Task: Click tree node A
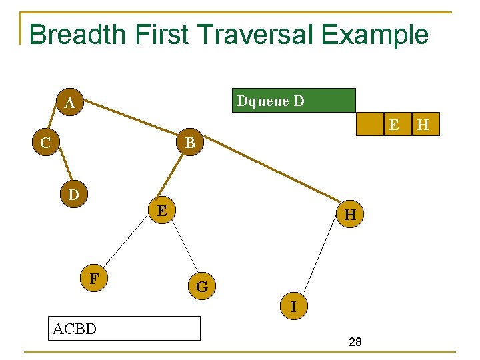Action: coord(69,103)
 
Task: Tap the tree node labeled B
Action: coord(190,143)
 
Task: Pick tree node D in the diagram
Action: coord(73,195)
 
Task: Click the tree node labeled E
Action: coord(161,211)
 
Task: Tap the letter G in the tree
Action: coord(202,287)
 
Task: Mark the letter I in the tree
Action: coord(293,306)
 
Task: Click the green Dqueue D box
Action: coord(293,101)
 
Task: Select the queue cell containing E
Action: coord(394,125)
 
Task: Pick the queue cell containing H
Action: coord(423,125)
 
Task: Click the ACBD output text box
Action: coord(125,328)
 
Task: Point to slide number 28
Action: coord(355,342)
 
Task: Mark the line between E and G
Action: coord(185,248)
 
